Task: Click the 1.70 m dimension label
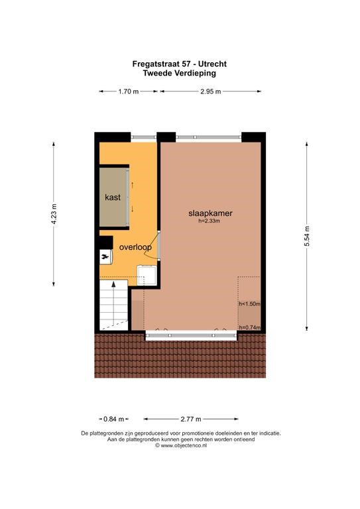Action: (x=128, y=91)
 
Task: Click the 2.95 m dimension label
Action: (x=211, y=91)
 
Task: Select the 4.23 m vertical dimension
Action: (x=54, y=213)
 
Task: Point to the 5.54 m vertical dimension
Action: (x=307, y=236)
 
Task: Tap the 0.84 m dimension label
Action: (x=113, y=419)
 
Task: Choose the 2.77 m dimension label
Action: (x=191, y=419)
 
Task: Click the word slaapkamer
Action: (x=210, y=213)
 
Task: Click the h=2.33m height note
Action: (x=210, y=221)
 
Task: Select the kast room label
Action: (x=113, y=197)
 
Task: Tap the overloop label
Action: (x=135, y=247)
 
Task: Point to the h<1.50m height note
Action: (x=250, y=304)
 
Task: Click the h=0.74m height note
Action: (x=250, y=327)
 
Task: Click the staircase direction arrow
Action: (x=113, y=303)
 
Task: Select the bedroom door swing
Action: (x=153, y=246)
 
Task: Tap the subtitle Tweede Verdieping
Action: (x=180, y=73)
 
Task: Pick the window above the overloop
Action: (x=144, y=138)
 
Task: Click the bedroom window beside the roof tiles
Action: (x=191, y=335)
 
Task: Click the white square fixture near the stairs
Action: (x=147, y=275)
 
